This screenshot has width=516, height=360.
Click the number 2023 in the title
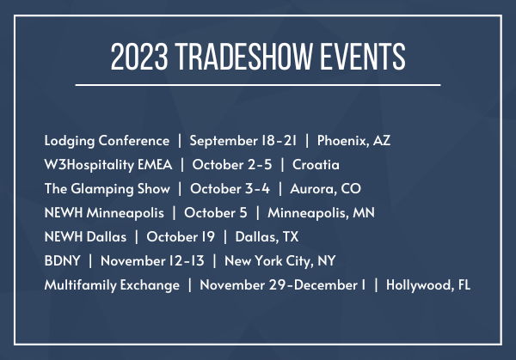(x=139, y=57)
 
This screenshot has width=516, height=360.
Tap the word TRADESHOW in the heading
(x=243, y=57)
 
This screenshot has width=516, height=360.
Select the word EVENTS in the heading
(x=363, y=57)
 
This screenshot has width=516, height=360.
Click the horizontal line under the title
(x=258, y=85)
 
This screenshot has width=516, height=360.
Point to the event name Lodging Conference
(x=107, y=141)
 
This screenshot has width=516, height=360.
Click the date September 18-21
(x=243, y=141)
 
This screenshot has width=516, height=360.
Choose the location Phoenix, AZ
(x=353, y=141)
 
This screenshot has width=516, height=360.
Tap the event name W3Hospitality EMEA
(x=108, y=165)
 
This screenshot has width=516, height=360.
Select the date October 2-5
(x=232, y=165)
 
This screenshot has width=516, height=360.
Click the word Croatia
(x=316, y=165)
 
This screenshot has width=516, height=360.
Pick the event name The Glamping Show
(x=107, y=189)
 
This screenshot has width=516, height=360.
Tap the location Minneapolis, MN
(x=321, y=213)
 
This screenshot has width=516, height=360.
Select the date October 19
(x=181, y=237)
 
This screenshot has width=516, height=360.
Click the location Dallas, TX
(x=267, y=237)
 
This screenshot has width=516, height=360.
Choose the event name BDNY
(x=63, y=261)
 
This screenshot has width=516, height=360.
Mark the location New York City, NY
(x=280, y=261)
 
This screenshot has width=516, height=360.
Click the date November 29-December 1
(x=283, y=285)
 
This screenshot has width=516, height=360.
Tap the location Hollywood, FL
(x=428, y=285)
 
